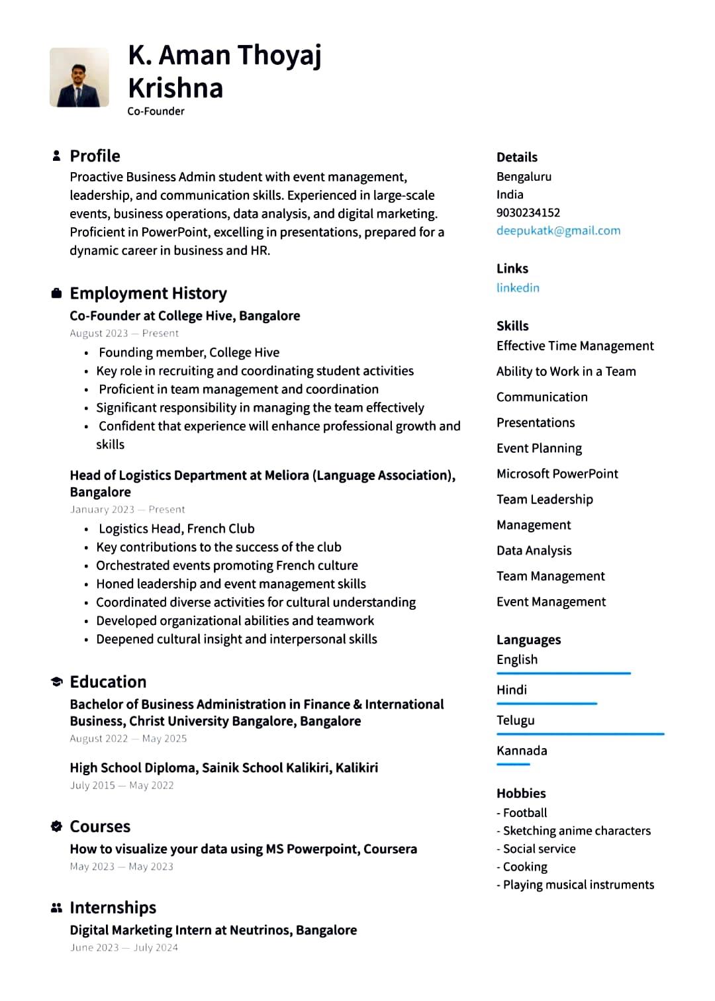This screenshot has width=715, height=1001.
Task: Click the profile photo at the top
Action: (79, 77)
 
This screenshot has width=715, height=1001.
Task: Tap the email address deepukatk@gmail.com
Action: (558, 230)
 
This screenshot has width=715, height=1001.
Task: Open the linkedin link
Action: (518, 287)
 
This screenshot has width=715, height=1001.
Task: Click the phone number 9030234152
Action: (528, 213)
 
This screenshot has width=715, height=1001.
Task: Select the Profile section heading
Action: (95, 156)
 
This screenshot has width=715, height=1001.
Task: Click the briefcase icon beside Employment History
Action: (56, 293)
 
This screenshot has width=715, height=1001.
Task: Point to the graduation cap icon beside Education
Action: (56, 682)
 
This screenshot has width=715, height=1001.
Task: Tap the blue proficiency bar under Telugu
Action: (580, 734)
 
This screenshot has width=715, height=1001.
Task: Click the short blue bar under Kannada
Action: (513, 764)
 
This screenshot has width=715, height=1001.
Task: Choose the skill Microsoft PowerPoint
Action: (557, 473)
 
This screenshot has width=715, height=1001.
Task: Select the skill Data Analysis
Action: (534, 550)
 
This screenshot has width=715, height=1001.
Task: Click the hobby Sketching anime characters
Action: (576, 830)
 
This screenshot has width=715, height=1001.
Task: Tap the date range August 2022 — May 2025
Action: (128, 738)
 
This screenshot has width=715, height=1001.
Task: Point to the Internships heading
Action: (113, 907)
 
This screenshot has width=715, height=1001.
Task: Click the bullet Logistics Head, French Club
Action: (176, 528)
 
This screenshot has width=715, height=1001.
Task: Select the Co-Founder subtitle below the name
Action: (156, 111)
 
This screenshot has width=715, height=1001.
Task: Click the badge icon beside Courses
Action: (56, 826)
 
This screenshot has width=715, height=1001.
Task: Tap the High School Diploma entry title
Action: (224, 767)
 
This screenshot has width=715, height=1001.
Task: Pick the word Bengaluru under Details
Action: (524, 176)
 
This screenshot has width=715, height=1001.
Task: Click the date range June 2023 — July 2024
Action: (124, 947)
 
